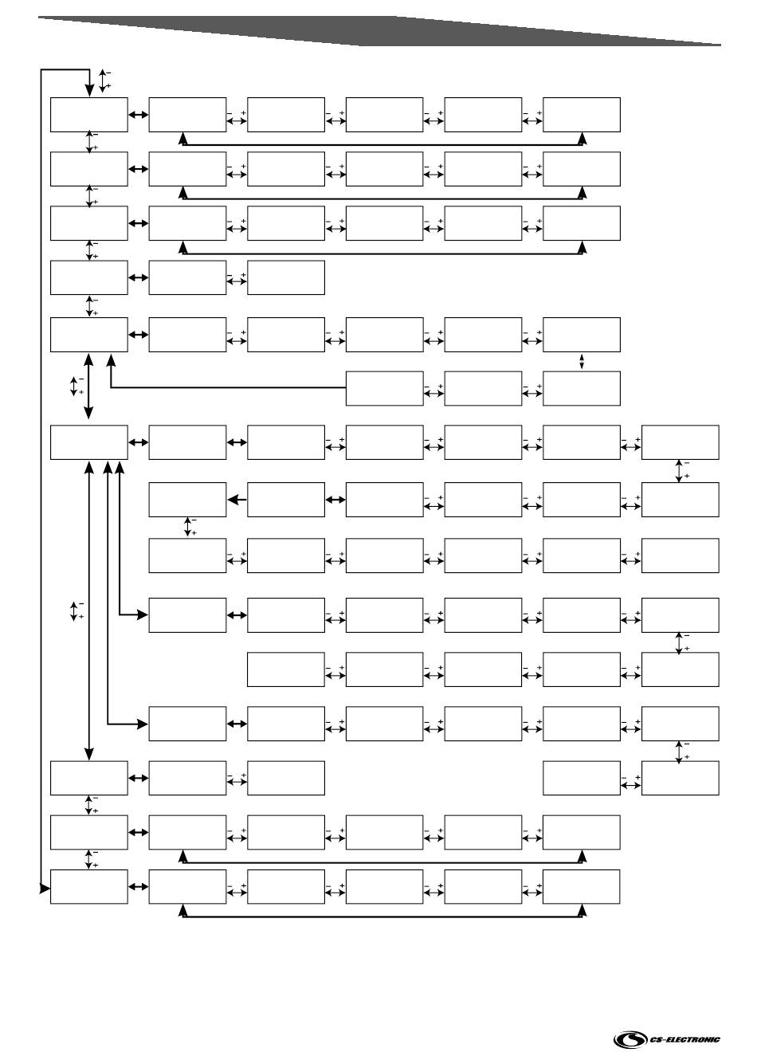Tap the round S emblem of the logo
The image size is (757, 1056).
tap(630, 1039)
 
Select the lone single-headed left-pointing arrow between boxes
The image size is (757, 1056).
tap(236, 500)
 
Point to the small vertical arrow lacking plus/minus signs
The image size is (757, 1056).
tap(582, 362)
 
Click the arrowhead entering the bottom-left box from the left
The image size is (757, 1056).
tap(45, 887)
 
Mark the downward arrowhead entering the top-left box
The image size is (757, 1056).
tap(88, 92)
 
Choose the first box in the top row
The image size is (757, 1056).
tap(88, 115)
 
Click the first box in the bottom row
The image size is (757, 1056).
tap(88, 887)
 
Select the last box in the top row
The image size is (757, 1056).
tap(582, 115)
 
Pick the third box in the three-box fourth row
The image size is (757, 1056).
tap(286, 277)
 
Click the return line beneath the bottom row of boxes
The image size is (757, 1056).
tap(382, 917)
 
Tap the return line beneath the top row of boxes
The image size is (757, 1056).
tap(382, 144)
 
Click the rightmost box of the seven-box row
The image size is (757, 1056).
tap(680, 442)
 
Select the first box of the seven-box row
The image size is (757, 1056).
tap(88, 442)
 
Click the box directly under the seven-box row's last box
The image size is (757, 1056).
tap(680, 500)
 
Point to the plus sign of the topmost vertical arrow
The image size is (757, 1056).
tap(108, 85)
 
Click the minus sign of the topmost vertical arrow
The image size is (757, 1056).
tap(108, 73)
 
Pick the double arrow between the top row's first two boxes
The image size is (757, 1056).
tap(138, 115)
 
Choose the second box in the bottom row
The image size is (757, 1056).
tap(187, 887)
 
